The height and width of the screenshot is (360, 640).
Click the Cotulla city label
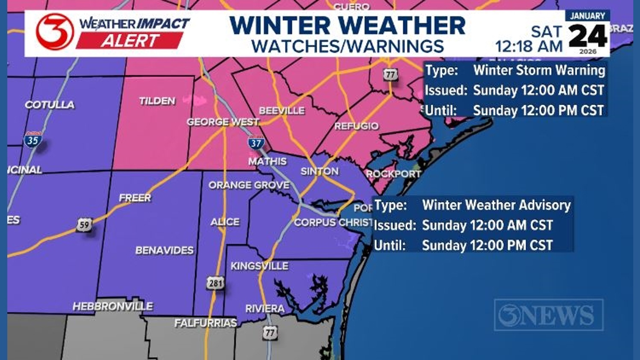pos(49,105)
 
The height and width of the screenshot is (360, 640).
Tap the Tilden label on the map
pos(157,101)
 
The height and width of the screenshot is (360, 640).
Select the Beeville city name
pos(281,111)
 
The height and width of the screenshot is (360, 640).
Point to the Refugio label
pos(356,126)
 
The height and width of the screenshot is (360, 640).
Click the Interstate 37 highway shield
pos(256,142)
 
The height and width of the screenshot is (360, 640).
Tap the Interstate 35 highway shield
pos(33,139)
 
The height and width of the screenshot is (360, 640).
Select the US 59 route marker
pos(85,225)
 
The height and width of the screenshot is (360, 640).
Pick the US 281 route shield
pos(215,282)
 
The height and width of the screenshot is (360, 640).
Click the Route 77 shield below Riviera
pos(270,332)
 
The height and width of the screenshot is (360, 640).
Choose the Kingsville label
pos(259,266)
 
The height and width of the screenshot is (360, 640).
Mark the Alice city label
pos(225,222)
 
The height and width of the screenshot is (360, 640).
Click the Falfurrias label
pos(205,323)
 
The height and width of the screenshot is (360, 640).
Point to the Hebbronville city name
pos(112,306)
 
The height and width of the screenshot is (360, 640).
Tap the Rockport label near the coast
pos(393,174)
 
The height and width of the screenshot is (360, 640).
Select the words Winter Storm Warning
pos(539,71)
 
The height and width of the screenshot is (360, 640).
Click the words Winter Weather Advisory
pos(496,206)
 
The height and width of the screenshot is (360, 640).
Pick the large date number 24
pos(587,37)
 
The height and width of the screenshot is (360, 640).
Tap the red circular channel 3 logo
pos(54,31)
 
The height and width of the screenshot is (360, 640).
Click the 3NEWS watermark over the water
pos(548,315)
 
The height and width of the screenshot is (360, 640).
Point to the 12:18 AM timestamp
pos(529,46)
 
